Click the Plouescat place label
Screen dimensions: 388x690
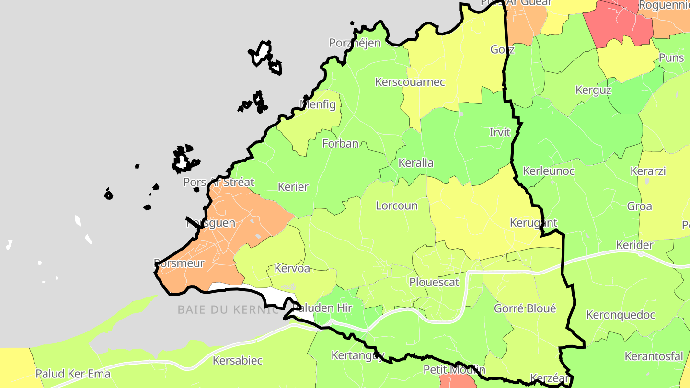point(434,282)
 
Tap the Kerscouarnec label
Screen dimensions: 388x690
point(410,82)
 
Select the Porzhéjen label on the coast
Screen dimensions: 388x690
point(355,43)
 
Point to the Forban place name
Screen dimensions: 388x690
point(340,143)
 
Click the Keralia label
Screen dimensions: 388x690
point(416,163)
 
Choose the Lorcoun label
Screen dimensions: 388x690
point(396,206)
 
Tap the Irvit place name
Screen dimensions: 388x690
point(499,132)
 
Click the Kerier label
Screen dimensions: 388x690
point(293,187)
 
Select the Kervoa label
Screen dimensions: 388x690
point(292,268)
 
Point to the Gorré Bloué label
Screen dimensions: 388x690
point(525,308)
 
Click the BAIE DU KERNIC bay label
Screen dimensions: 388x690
point(228,309)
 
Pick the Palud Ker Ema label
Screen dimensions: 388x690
point(73,374)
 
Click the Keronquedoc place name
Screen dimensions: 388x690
point(621,315)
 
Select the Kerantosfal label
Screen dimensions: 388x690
point(654,356)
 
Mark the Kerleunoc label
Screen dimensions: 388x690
point(548,171)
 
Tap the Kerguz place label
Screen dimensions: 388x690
point(593,90)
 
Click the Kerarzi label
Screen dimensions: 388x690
point(648,171)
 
